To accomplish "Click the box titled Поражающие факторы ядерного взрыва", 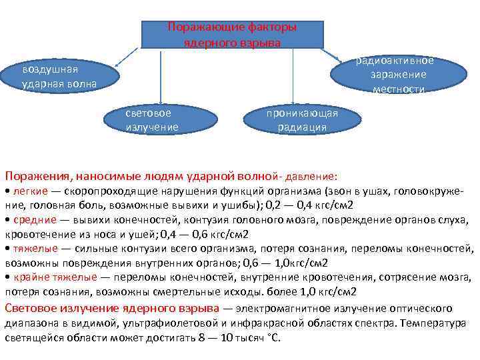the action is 232,34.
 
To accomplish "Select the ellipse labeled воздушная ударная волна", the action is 59,77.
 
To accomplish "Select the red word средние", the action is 32,221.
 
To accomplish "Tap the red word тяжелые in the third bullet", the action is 33,249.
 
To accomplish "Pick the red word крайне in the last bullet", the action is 31,277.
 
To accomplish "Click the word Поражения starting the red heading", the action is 37,177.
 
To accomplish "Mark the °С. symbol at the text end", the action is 272,337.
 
